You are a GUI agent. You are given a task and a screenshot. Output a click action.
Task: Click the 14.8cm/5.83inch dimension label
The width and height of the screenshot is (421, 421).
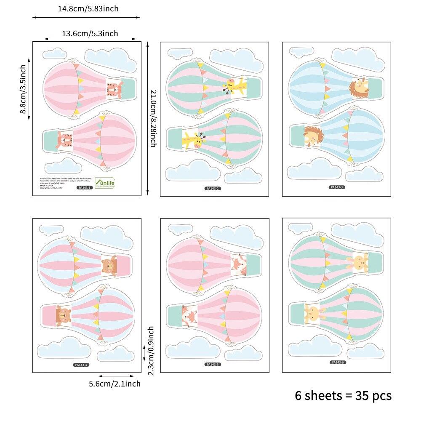88,8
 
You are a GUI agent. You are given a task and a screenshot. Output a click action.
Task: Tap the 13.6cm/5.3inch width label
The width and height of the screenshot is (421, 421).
90,34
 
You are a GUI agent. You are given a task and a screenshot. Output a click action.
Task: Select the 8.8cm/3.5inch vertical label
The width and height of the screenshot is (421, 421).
24,89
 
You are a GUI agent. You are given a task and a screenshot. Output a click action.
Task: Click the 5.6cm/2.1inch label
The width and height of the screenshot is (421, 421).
115,384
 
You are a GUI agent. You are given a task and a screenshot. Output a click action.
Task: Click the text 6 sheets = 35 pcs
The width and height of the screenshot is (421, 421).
343,396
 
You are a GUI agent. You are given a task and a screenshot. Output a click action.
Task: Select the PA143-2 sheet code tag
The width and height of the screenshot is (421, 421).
213,189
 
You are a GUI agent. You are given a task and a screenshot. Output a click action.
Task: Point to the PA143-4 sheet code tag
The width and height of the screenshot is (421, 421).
80,365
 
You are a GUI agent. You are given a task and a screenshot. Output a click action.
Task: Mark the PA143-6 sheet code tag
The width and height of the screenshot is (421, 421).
337,362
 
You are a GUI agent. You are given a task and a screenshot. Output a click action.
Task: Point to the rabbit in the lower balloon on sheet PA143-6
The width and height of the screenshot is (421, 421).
314,312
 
